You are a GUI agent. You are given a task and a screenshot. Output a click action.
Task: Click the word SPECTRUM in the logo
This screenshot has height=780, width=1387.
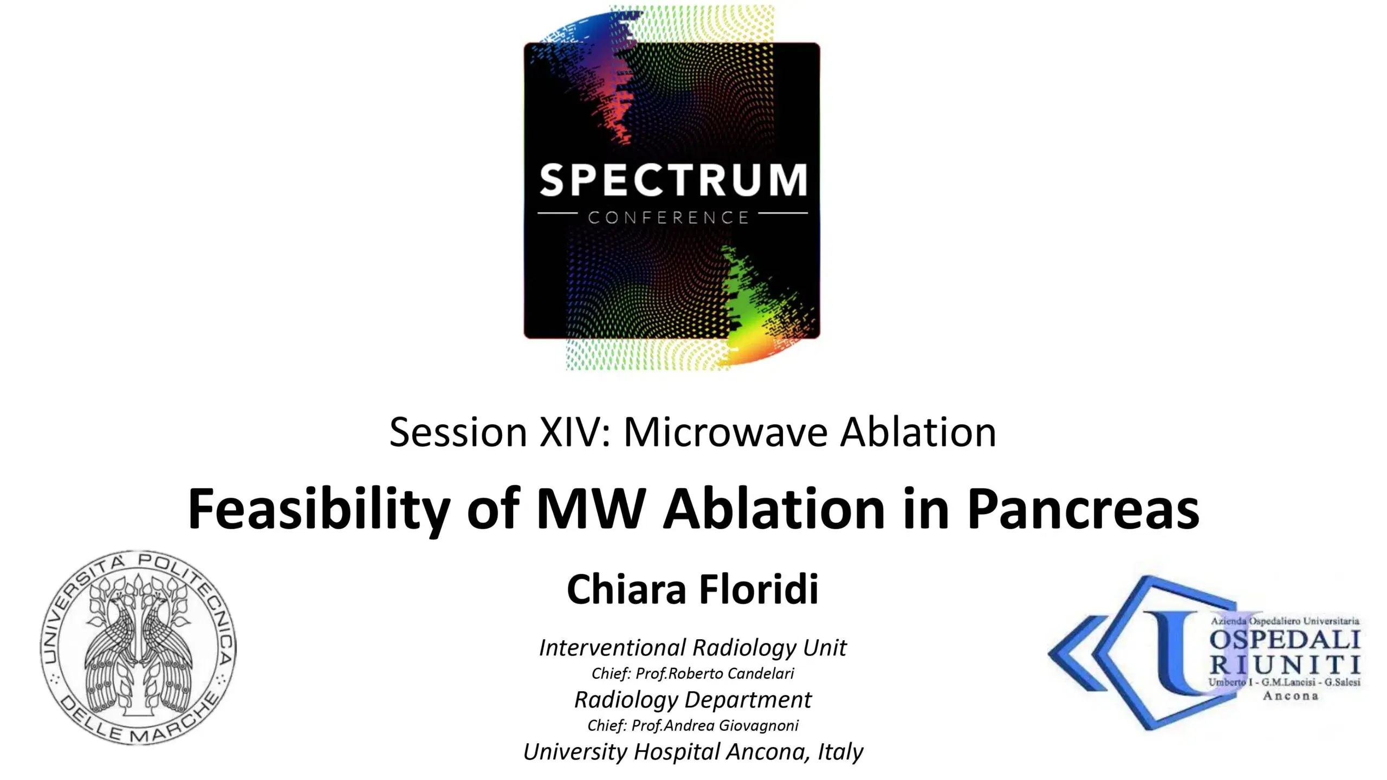coord(672,180)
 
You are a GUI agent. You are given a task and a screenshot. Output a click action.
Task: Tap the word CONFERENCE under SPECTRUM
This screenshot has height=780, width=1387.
coord(669,218)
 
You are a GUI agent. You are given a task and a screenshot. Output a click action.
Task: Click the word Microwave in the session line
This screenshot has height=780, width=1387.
coord(726,432)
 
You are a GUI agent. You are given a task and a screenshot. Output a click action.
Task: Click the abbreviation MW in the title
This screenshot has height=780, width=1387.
coord(590,509)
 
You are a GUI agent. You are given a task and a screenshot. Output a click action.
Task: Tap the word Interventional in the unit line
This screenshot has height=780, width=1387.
coord(613,648)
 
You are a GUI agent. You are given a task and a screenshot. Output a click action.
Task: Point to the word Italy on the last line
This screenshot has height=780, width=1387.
coord(840,752)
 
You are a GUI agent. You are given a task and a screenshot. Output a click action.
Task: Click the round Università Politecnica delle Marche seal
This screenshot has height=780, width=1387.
coord(138,648)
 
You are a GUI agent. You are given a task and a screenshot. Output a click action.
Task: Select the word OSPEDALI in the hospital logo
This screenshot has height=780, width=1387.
coord(1285,641)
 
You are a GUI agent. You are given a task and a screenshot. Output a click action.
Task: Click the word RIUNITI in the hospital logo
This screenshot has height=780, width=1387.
coord(1285,665)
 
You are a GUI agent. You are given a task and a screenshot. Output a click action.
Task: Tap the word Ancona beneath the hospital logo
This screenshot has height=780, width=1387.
coord(1290,696)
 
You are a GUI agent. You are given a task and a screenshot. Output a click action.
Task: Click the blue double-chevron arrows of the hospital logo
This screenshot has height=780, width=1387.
coord(1089,653)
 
